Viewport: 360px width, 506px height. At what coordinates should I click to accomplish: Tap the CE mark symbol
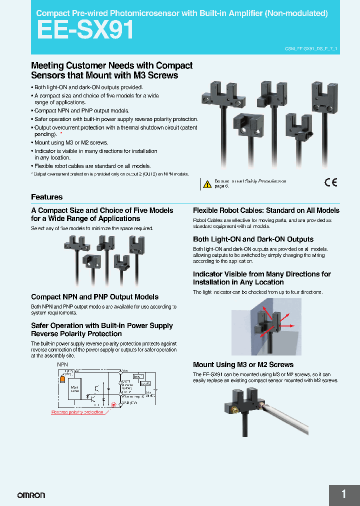tap(331, 182)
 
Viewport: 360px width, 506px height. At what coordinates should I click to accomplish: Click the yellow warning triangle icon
tap(207, 184)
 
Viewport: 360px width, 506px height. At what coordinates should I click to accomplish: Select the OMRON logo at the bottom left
tap(31, 495)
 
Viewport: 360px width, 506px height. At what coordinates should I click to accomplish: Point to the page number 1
tap(343, 494)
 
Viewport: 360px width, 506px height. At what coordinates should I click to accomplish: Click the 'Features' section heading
tap(47, 197)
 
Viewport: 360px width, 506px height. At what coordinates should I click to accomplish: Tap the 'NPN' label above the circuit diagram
tap(62, 364)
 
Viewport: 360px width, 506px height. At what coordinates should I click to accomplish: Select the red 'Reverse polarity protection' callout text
tap(77, 412)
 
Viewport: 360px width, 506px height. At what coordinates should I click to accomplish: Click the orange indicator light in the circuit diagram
tap(62, 379)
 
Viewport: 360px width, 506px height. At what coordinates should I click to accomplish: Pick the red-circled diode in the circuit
tap(113, 403)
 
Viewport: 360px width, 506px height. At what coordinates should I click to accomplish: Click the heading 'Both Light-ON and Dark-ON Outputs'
tap(253, 239)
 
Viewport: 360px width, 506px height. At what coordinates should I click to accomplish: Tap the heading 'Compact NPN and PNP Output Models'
tap(94, 297)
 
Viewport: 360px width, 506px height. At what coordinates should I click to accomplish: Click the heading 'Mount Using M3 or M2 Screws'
tap(243, 364)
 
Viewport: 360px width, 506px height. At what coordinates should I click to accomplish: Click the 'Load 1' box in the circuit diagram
tap(138, 375)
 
